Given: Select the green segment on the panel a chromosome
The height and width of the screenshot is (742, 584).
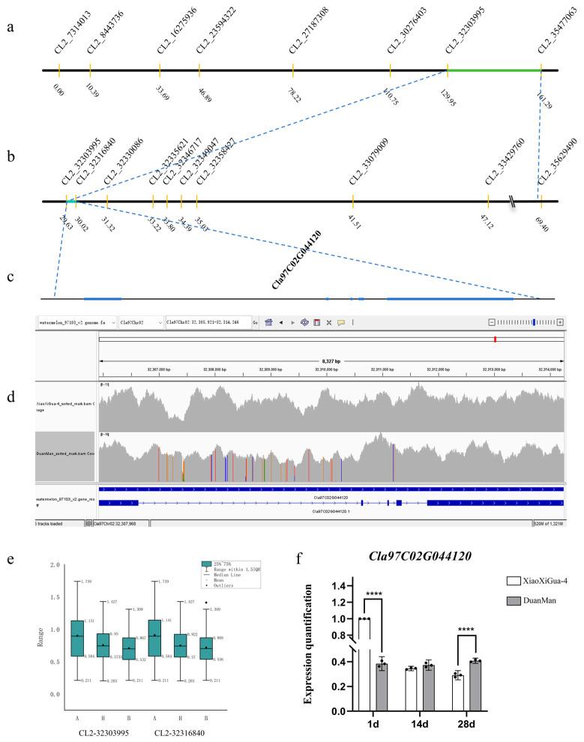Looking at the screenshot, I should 494,71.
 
